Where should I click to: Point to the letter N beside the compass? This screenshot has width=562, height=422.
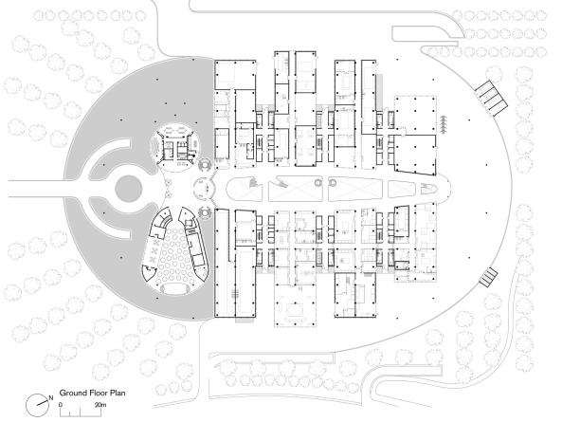point(49,396)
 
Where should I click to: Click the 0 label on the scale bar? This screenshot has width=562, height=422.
point(61,405)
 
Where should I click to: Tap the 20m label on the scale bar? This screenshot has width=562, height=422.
point(99,405)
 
